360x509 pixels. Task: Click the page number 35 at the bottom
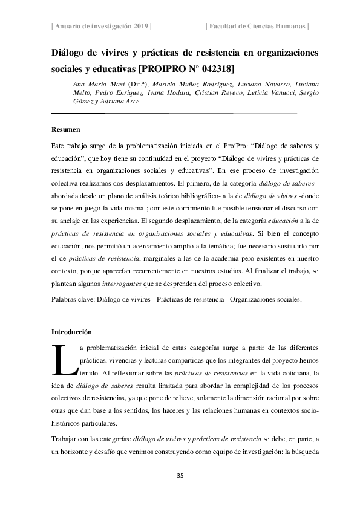point(180,476)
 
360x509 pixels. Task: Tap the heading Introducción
point(71,332)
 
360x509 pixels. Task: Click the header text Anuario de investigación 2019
point(101,26)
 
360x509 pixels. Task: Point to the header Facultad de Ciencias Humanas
point(258,26)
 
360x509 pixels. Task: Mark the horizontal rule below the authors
point(180,113)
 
